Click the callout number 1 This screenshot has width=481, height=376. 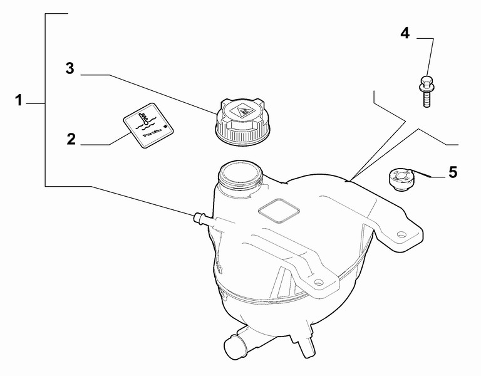(19, 100)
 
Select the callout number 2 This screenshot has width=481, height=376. (71, 138)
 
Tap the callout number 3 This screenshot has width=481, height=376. (70, 68)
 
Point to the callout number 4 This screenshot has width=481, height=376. (405, 33)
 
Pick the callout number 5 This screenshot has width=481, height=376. (452, 171)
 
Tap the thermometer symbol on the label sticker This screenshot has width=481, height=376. (145, 116)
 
